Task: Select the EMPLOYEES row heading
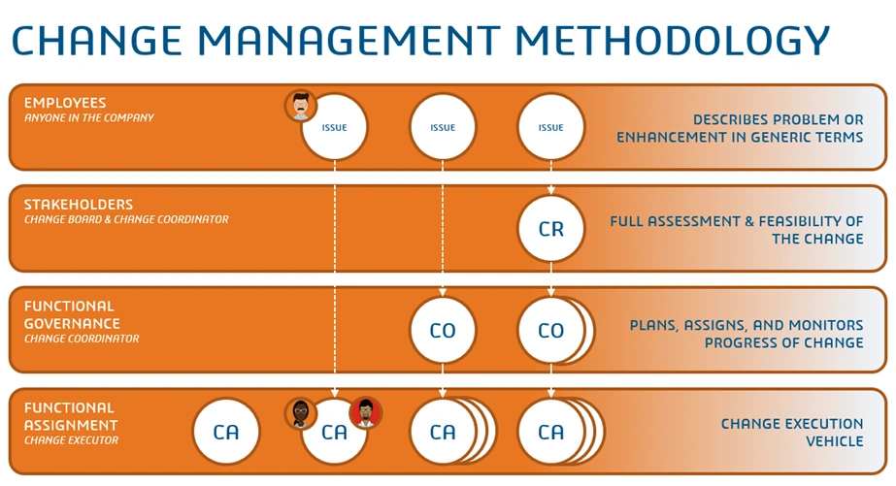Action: tap(65, 103)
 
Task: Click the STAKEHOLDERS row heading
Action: tap(79, 205)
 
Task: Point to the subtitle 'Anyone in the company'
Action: tap(89, 118)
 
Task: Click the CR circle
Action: tap(550, 229)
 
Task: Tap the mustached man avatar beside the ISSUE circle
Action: tap(301, 106)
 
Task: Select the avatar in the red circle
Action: tap(366, 413)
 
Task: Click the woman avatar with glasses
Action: tap(301, 413)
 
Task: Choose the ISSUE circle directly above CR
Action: tap(550, 127)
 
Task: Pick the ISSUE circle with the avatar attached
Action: tap(335, 127)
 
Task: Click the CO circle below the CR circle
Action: tap(550, 331)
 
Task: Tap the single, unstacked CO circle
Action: tap(443, 331)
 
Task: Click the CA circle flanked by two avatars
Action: tap(334, 433)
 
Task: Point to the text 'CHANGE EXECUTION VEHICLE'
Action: tap(791, 433)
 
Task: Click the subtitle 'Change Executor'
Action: tap(71, 440)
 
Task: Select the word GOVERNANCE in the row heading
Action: tap(72, 323)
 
